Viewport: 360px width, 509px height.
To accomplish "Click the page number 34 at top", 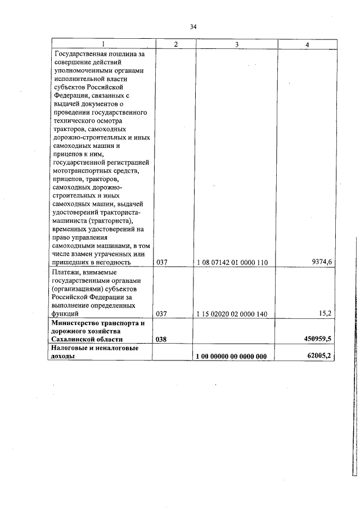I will (193, 26).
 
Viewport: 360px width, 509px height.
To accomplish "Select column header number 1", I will (103, 44).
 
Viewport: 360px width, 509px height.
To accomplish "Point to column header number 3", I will (237, 44).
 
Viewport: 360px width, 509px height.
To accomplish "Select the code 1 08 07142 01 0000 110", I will (232, 263).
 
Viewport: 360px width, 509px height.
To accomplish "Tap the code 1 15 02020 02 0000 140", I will (232, 314).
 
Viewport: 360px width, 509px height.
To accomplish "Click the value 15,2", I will (326, 313).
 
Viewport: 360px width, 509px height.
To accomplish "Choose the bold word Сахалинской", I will (73, 340).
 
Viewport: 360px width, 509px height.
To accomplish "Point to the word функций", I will (65, 314).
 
